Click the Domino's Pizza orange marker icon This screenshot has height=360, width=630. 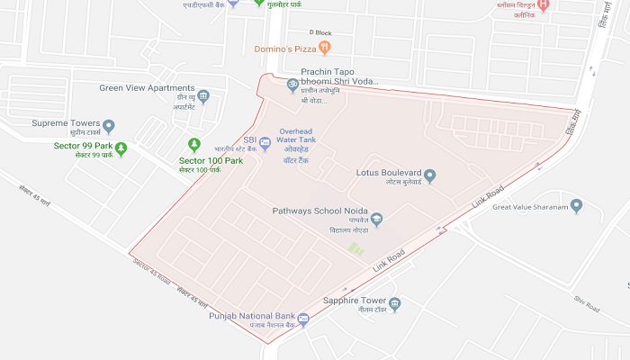pyautogui.click(x=325, y=48)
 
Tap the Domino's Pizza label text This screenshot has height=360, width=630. pyautogui.click(x=286, y=48)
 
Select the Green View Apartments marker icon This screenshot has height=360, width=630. pyautogui.click(x=203, y=96)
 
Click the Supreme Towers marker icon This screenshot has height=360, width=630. pyautogui.click(x=109, y=125)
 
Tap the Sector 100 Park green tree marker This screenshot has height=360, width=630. pyautogui.click(x=193, y=144)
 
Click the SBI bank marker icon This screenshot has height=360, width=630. pyautogui.click(x=265, y=142)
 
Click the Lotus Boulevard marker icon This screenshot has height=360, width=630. pyautogui.click(x=430, y=175)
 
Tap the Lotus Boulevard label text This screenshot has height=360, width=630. pyautogui.click(x=389, y=171)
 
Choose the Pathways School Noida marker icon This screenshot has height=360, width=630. pyautogui.click(x=377, y=218)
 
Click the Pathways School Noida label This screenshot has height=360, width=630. pyautogui.click(x=319, y=211)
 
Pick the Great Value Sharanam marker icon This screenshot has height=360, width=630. pyautogui.click(x=577, y=206)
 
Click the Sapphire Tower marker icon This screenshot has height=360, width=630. pyautogui.click(x=394, y=304)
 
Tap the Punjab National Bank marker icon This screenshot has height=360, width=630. pyautogui.click(x=303, y=319)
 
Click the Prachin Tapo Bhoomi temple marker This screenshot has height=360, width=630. pyautogui.click(x=292, y=86)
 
